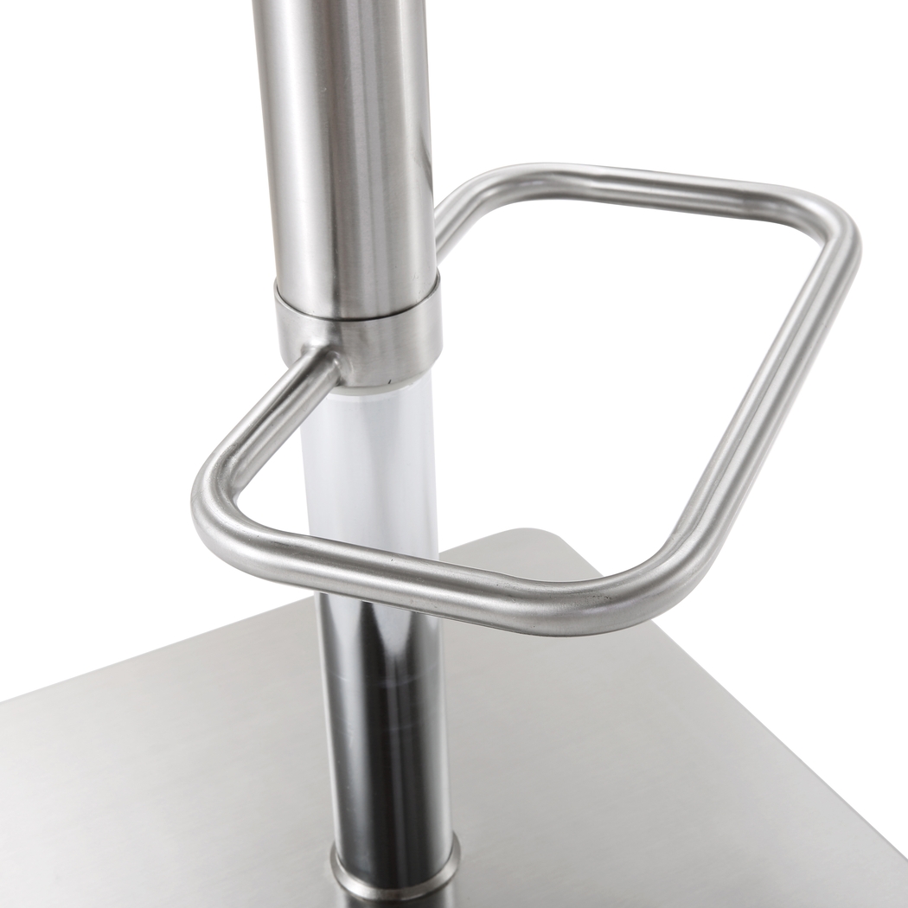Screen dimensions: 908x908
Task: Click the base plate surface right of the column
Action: click(x=649, y=761)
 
